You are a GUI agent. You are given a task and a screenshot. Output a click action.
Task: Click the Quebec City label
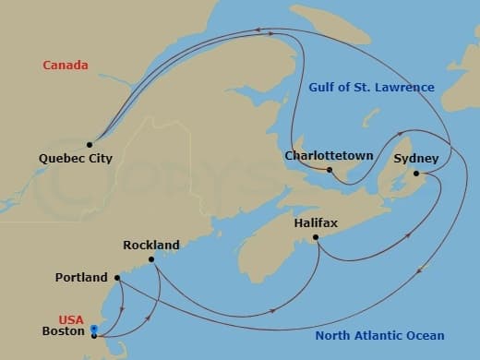pyautogui.click(x=76, y=159)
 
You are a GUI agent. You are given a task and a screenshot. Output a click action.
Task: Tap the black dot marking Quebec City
pyautogui.click(x=90, y=144)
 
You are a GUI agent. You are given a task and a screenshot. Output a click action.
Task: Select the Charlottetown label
pyautogui.click(x=329, y=156)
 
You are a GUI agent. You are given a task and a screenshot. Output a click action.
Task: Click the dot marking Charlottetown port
pyautogui.click(x=330, y=170)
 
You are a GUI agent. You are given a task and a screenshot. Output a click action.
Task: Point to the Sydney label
pyautogui.click(x=410, y=159)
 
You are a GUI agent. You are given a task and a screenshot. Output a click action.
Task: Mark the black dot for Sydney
pyautogui.click(x=416, y=174)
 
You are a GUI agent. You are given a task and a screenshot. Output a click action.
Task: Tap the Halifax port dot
pyautogui.click(x=317, y=238)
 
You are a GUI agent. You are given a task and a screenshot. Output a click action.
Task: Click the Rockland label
pyautogui.click(x=151, y=246)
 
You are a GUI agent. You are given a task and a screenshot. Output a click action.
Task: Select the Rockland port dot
pyautogui.click(x=151, y=260)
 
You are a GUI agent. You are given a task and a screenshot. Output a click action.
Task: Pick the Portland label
pyautogui.click(x=82, y=277)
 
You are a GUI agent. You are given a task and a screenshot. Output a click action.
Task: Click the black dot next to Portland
pyautogui.click(x=117, y=277)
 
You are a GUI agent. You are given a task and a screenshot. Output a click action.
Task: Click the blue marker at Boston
pyautogui.click(x=94, y=329)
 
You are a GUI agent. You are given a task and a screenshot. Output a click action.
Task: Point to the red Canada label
pyautogui.click(x=66, y=66)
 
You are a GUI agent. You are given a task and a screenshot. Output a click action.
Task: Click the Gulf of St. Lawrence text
pyautogui.click(x=369, y=88)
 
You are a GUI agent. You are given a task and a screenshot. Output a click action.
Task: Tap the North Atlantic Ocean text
pyautogui.click(x=379, y=336)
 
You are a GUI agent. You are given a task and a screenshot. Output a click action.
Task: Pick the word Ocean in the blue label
pyautogui.click(x=425, y=336)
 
